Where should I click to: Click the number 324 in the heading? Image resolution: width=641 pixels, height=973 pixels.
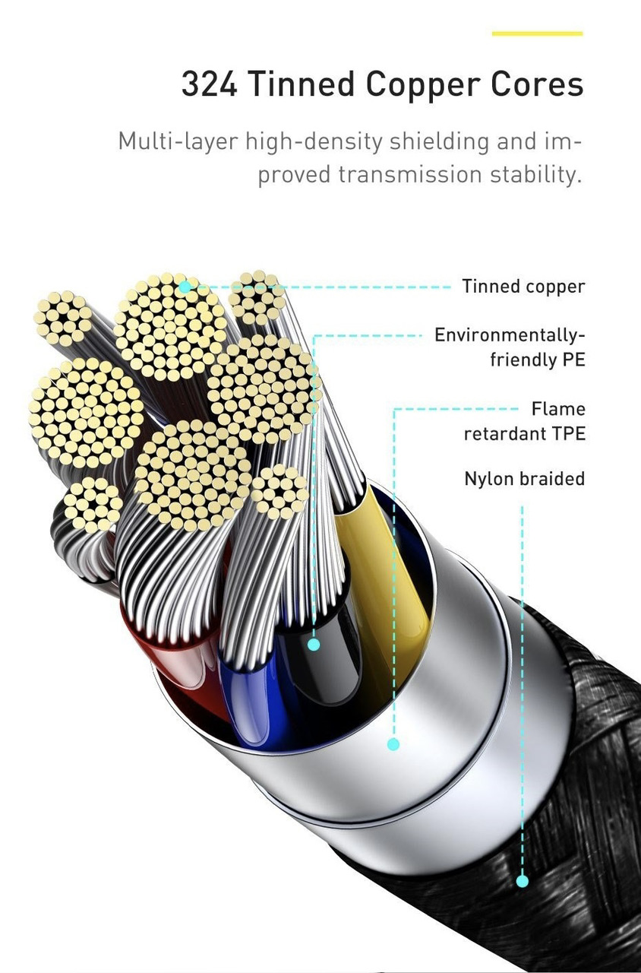click(210, 84)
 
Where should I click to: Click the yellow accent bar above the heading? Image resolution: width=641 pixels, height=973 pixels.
click(537, 33)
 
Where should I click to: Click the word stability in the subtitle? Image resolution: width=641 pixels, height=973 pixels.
click(537, 174)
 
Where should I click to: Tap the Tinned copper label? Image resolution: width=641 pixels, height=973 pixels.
click(523, 287)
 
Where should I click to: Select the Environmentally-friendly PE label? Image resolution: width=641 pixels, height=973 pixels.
click(510, 347)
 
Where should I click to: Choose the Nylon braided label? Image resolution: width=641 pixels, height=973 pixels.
click(524, 479)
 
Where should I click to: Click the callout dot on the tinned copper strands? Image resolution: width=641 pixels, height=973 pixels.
click(185, 287)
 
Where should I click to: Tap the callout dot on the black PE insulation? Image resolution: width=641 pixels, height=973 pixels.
click(314, 645)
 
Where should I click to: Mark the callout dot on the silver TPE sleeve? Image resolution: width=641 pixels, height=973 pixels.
click(393, 744)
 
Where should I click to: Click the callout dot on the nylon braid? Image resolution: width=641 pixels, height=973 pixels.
click(523, 881)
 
